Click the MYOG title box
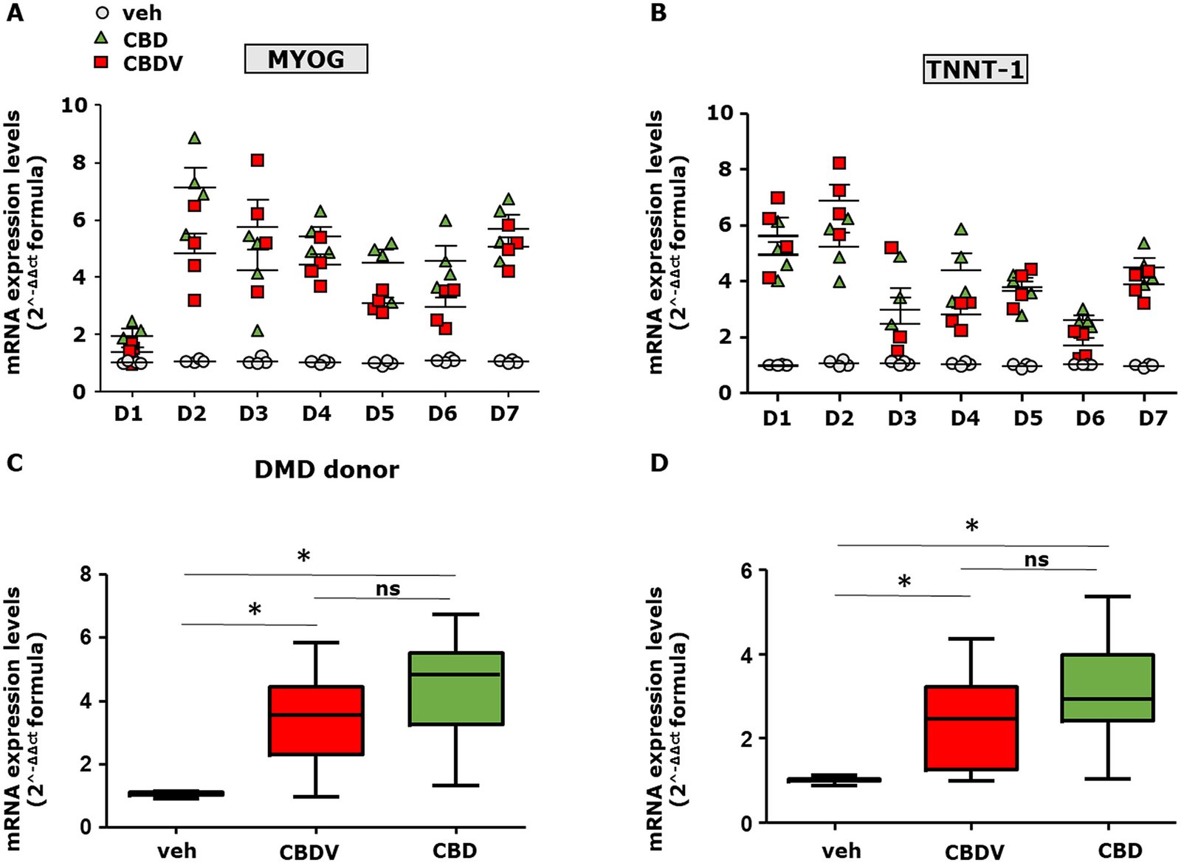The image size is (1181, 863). click(306, 58)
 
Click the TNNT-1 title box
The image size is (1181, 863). click(974, 69)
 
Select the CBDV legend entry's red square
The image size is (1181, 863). click(103, 62)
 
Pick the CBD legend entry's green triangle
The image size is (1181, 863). click(103, 38)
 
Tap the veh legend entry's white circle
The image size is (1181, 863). click(103, 13)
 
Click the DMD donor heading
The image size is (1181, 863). click(326, 470)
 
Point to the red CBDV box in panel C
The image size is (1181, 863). click(316, 721)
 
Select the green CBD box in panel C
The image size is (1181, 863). click(456, 689)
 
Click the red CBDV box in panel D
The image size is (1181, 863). click(971, 729)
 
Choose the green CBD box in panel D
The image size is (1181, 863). click(1108, 687)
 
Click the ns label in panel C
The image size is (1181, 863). click(388, 588)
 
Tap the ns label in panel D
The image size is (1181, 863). click(1036, 560)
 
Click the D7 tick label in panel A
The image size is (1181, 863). click(505, 413)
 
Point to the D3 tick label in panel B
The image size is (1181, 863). click(901, 419)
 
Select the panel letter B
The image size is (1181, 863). click(658, 13)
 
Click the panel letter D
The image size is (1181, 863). click(658, 463)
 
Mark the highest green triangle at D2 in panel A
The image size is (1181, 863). click(195, 138)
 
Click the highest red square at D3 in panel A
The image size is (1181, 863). click(257, 160)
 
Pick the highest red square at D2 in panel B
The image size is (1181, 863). click(839, 163)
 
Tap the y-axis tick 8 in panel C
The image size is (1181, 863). click(86, 574)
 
